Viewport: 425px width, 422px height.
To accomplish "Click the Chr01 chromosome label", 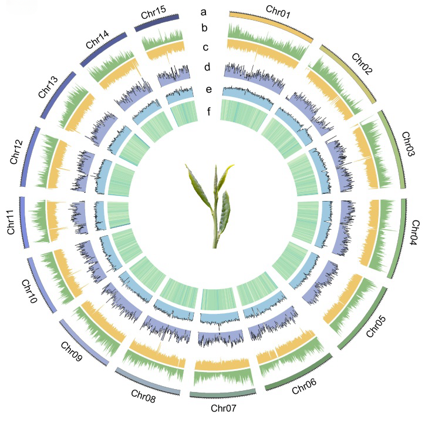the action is point(278,11).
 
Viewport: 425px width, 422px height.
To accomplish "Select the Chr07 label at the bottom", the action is point(223,408).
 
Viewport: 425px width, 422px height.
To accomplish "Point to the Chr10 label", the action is point(29,291).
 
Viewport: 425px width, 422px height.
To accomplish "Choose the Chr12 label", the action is point(16,152).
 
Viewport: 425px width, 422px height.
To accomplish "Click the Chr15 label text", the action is point(153,12).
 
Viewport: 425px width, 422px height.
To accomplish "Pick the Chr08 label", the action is point(143,396).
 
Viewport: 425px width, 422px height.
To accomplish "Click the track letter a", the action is point(204,12).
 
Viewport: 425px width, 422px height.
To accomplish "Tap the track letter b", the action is point(204,28).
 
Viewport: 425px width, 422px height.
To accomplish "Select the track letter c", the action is point(205,47).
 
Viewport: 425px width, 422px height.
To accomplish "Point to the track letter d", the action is point(207,66).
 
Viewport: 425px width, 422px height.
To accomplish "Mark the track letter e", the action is point(209,89).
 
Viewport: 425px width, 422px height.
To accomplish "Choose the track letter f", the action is point(209,111).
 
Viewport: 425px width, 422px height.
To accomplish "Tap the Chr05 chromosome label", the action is point(376,326).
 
